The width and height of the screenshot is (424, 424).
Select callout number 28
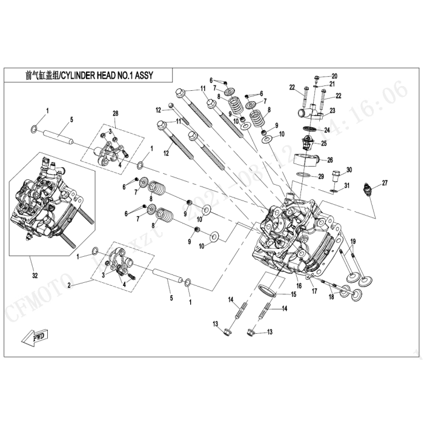115,114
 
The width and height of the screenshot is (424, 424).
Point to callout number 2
70,284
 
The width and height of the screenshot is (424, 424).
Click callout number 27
385,182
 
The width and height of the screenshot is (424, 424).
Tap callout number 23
333,111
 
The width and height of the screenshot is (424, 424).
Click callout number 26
330,160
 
